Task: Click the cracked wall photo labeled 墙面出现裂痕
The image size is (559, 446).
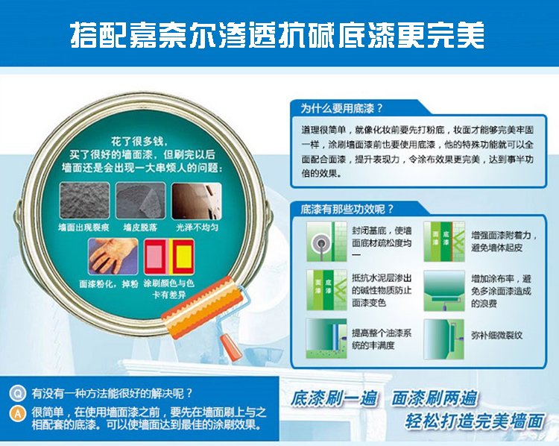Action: (84, 200)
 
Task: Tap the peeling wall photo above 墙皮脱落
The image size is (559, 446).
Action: (140, 200)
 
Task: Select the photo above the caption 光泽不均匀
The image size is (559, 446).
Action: (197, 201)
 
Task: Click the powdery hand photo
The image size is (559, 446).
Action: (113, 256)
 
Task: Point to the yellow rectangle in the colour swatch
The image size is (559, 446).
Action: (184, 257)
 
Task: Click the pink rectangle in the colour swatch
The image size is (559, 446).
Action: (155, 257)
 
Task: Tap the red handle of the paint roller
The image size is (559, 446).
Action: (231, 347)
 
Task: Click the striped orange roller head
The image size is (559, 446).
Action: (202, 307)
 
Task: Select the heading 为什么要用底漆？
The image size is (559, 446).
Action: (341, 108)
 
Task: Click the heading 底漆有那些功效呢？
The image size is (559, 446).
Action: (347, 209)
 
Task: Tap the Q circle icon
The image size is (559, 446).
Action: (17, 394)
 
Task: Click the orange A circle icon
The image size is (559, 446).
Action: (17, 414)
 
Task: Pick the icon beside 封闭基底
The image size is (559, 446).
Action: (326, 241)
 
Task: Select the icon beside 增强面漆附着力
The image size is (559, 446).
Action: (444, 241)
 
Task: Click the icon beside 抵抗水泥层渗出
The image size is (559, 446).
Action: (326, 290)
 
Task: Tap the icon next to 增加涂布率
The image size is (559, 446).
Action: (444, 290)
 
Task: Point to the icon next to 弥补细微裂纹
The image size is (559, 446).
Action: (444, 339)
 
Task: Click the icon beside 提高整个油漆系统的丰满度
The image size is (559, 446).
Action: (326, 339)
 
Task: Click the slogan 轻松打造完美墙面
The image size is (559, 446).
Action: (475, 421)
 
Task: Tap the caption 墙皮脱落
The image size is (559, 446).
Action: (140, 227)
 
